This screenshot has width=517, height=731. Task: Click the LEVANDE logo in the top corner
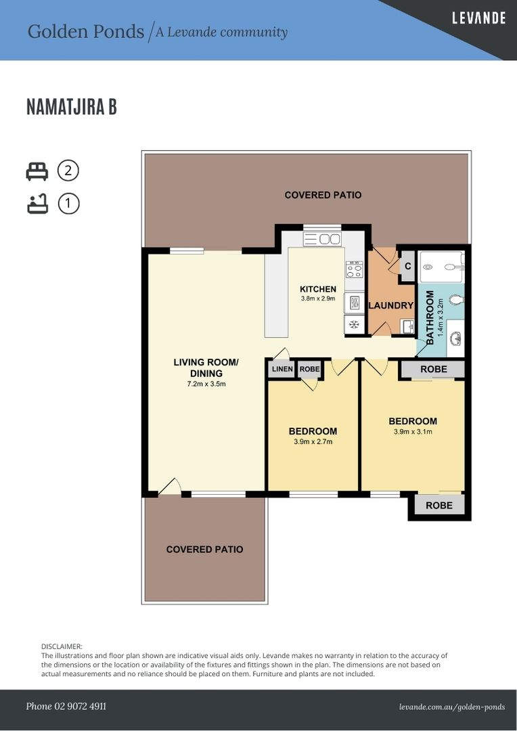tap(479, 18)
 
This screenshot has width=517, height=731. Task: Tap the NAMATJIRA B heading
tap(71, 107)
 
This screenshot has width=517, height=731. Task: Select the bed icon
tap(37, 171)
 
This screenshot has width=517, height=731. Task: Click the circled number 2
tap(68, 171)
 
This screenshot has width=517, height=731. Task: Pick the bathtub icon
tap(37, 204)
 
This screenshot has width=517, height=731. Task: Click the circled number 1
tap(68, 204)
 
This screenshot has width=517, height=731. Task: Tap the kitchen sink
tap(322, 239)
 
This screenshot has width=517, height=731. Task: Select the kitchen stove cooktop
tap(354, 269)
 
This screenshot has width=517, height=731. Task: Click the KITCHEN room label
tap(318, 289)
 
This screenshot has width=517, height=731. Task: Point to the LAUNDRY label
tap(391, 305)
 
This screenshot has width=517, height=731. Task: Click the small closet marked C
tap(408, 266)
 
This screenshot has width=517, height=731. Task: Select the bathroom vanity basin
tap(455, 338)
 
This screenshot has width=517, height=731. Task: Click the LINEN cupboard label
tap(282, 369)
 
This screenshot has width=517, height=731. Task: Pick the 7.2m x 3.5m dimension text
tap(206, 384)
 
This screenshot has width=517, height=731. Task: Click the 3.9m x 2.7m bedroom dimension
tap(313, 441)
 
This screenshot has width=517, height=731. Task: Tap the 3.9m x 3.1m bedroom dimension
tap(413, 432)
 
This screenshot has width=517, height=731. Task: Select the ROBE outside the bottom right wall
tap(439, 506)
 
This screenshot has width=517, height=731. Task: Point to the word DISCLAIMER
tap(62, 646)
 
